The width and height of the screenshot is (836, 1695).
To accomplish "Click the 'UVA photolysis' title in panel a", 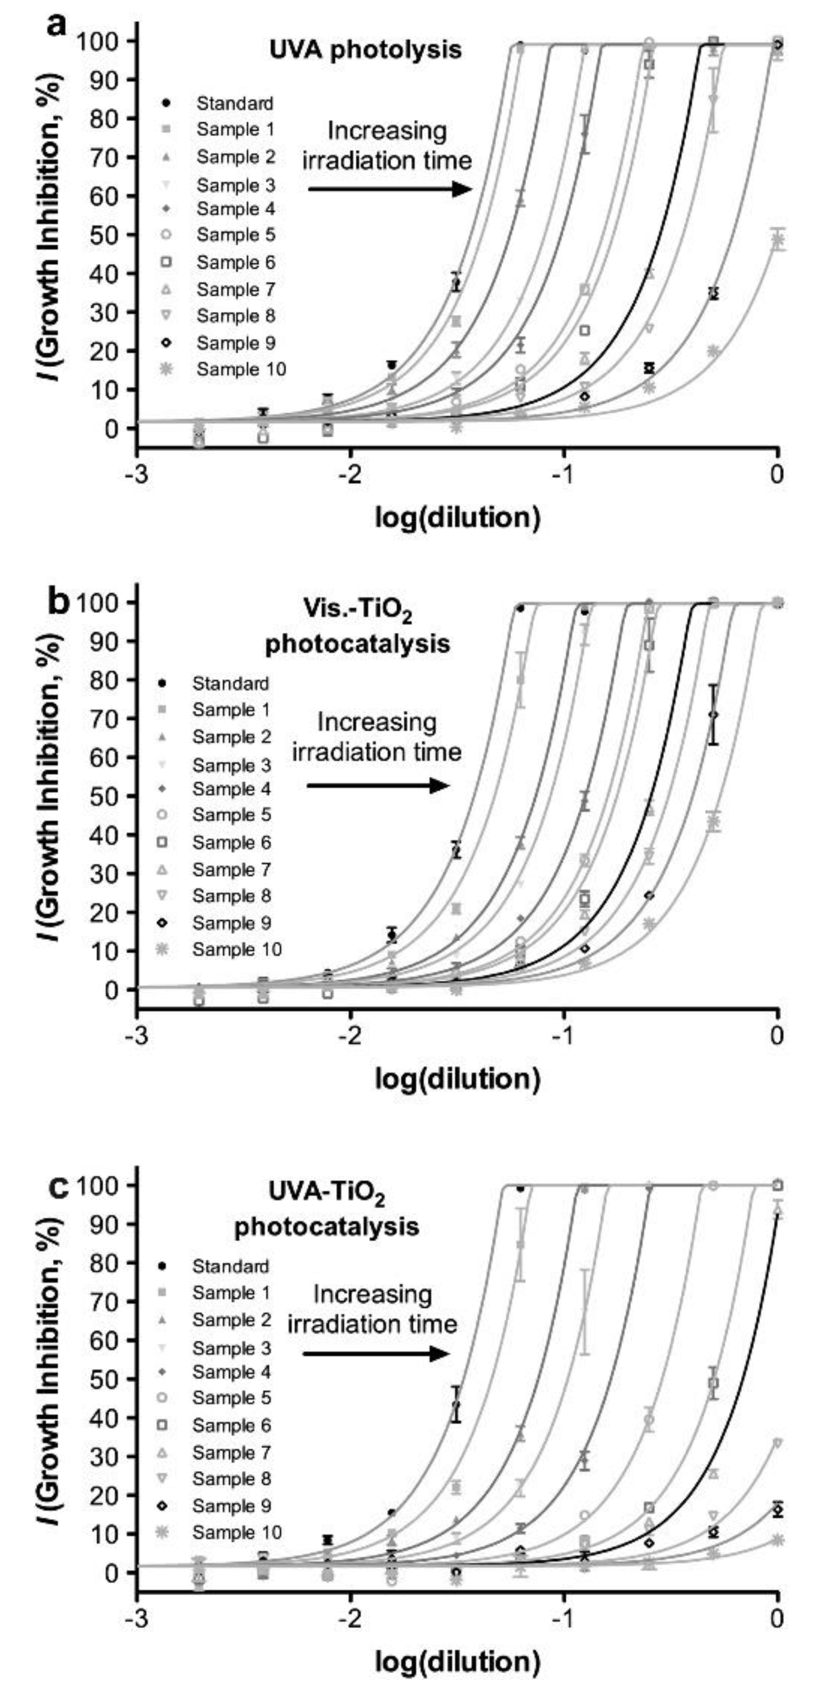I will click(366, 50).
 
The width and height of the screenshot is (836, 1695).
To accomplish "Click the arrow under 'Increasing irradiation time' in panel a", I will click(390, 190).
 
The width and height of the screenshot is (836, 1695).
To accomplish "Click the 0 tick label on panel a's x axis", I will click(777, 474).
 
